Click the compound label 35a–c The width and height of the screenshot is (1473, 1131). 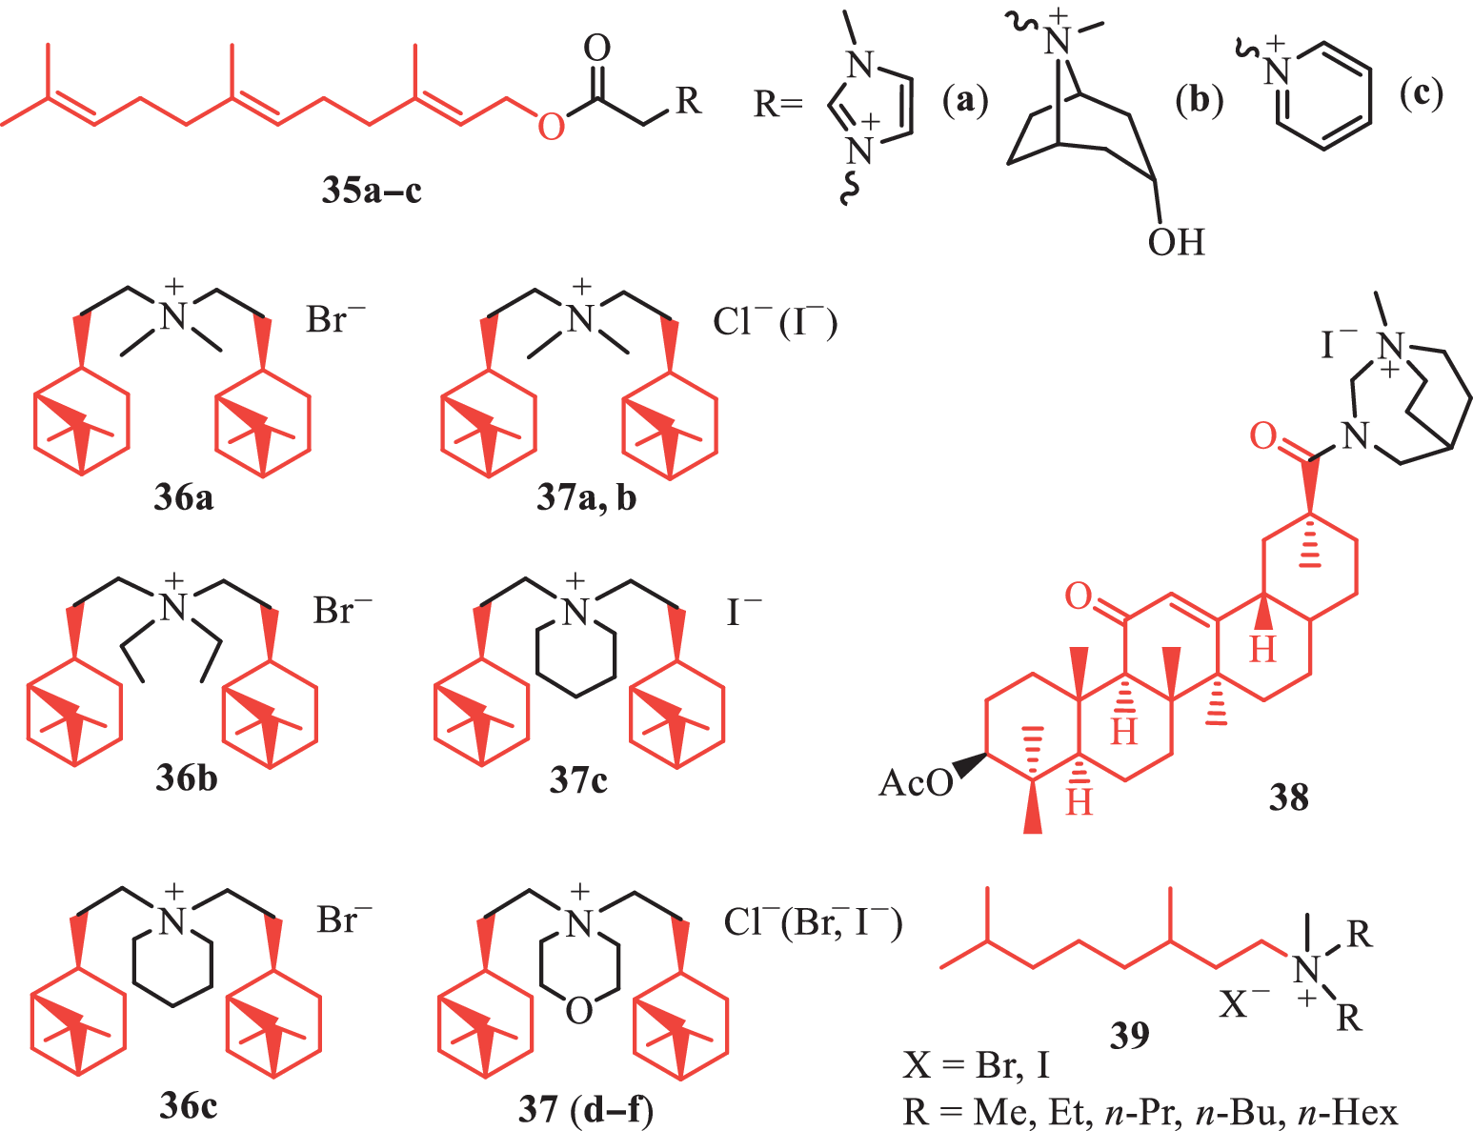[x=372, y=191]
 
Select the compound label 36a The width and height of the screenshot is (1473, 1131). [x=183, y=498]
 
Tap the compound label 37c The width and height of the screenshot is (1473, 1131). [x=578, y=780]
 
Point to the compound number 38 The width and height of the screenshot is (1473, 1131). [x=1288, y=798]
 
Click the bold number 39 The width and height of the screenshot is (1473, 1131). [x=1129, y=1035]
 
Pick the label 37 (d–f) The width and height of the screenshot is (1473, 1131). [x=586, y=1109]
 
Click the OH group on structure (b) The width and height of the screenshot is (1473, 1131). [x=1176, y=242]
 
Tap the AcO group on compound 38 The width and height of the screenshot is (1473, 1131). [x=916, y=783]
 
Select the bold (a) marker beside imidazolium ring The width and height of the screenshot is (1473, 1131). [x=965, y=101]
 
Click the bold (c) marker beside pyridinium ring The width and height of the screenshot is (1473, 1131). [x=1421, y=93]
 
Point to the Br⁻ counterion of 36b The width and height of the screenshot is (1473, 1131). [x=342, y=609]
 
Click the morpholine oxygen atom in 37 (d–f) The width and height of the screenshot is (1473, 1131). [x=579, y=1011]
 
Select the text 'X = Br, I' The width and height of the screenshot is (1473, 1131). [x=977, y=1065]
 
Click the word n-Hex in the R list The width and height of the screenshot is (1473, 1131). [x=1347, y=1113]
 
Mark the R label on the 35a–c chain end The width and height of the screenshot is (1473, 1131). [x=688, y=101]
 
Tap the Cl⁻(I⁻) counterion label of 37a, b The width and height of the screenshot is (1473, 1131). [x=776, y=320]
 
